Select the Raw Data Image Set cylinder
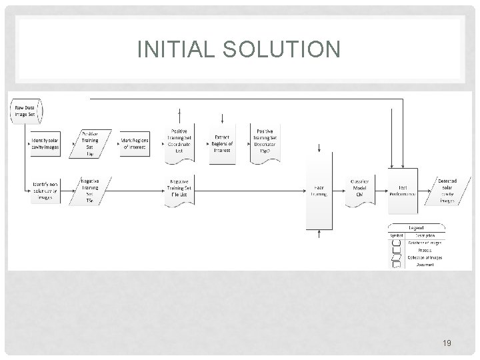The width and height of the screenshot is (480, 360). tap(24, 111)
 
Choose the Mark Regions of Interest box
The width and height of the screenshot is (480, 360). tap(134, 145)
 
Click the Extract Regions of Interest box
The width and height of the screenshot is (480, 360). tap(223, 142)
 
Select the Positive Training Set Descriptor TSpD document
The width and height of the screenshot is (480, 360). tap(265, 142)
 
